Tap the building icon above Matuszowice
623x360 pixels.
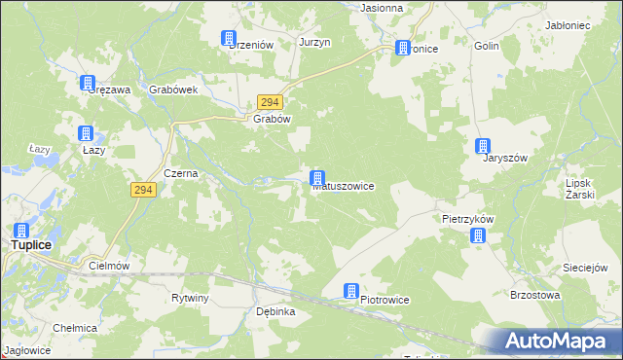point(316,178)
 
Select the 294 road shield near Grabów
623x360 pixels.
point(270,102)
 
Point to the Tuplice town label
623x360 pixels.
point(31,245)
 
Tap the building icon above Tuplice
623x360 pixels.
point(20,231)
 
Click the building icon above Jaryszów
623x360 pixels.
point(483,147)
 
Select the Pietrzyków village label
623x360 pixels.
point(467,220)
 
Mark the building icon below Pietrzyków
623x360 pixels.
point(477,235)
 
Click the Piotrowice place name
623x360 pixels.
point(385,300)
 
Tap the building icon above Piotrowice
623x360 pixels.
point(351,291)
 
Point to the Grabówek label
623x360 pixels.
point(174,90)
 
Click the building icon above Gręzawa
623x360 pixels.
point(88,84)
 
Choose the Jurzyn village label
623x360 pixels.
point(315,43)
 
